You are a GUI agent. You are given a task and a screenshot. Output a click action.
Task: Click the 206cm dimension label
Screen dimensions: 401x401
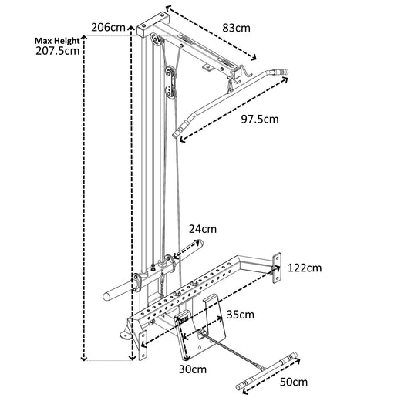[107, 27]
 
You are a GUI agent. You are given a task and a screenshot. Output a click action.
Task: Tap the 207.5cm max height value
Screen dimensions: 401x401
[59, 52]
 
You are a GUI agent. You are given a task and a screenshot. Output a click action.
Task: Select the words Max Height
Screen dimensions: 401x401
[58, 41]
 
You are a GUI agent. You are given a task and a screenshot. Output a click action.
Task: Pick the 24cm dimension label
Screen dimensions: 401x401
[203, 228]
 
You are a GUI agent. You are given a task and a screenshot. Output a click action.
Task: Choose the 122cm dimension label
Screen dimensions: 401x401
[304, 268]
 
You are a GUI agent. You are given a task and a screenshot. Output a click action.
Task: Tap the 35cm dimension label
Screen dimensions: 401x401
[241, 315]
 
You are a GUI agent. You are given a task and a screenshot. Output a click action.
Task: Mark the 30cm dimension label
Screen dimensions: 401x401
[193, 369]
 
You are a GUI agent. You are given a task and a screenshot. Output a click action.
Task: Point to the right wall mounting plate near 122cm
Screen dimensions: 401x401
[276, 262]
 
